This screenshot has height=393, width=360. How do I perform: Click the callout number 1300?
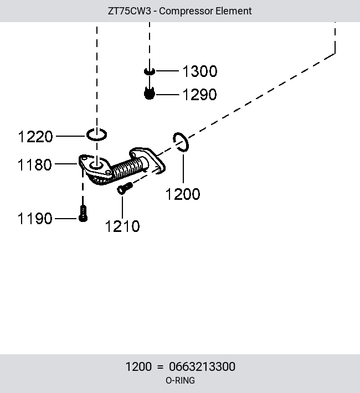(200, 71)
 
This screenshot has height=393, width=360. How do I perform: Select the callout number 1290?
(199, 95)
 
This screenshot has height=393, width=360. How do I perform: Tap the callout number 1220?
(35, 137)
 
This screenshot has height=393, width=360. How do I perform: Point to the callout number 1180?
(35, 164)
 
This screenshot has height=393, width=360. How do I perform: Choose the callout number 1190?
(35, 218)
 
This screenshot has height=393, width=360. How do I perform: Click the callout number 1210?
(122, 226)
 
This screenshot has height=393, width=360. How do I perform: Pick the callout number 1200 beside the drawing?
(183, 194)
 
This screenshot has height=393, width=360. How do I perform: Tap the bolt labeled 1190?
(83, 214)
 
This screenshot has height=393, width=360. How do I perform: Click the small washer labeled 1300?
(150, 72)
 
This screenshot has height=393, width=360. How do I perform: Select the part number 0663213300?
(202, 366)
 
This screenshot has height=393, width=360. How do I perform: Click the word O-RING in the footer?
(180, 380)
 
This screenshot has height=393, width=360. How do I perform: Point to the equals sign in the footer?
(160, 367)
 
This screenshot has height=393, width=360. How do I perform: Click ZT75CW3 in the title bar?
(130, 11)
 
